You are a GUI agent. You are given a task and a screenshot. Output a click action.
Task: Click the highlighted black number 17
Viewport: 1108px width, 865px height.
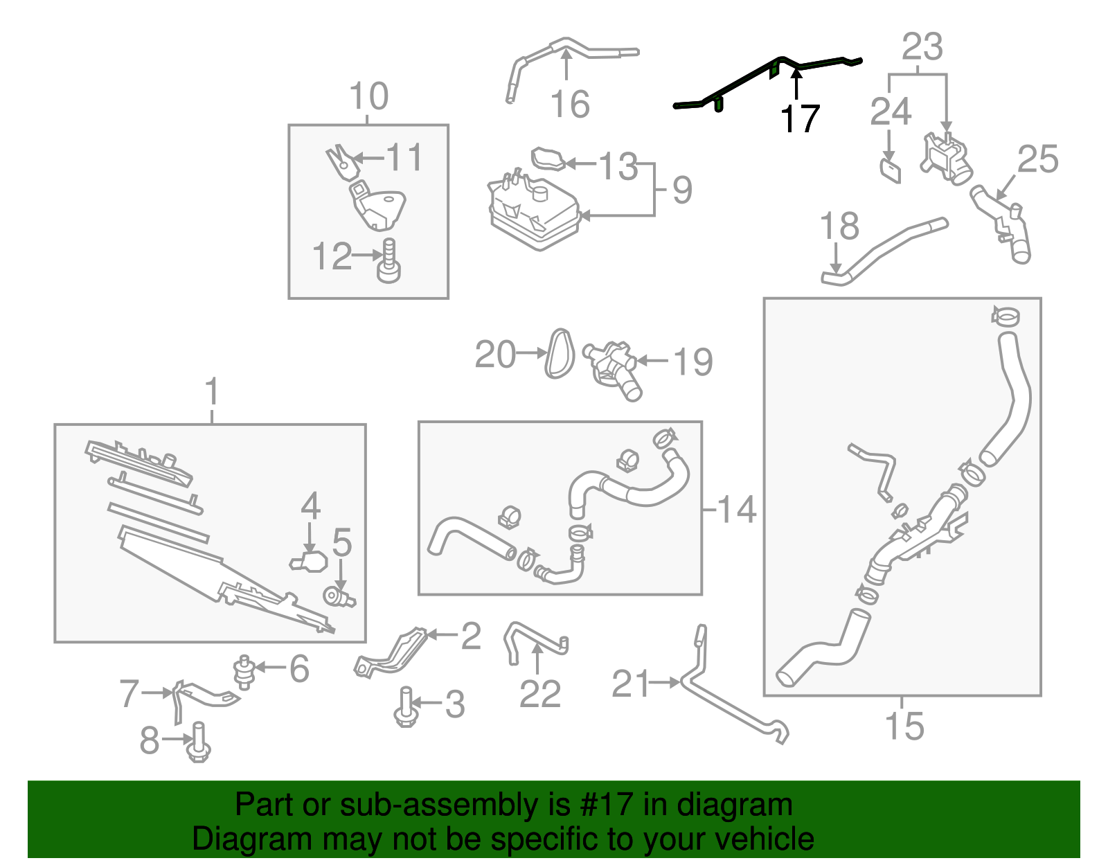(x=800, y=119)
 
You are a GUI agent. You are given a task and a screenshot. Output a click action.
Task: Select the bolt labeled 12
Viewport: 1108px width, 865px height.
(x=389, y=262)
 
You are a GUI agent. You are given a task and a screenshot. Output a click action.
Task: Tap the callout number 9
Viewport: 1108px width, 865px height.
(x=681, y=190)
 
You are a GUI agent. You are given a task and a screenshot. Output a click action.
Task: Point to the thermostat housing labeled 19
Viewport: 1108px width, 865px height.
(x=612, y=367)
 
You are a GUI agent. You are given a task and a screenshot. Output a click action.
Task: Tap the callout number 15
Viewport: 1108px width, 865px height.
(x=904, y=726)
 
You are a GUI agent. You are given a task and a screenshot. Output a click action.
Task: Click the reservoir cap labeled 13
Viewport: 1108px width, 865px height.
(x=548, y=159)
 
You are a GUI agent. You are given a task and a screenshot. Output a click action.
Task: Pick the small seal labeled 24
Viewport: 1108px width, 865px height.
(x=891, y=170)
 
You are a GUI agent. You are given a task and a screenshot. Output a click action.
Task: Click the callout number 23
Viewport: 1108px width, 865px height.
(x=922, y=47)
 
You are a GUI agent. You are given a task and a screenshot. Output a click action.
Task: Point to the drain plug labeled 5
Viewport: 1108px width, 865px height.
(x=339, y=596)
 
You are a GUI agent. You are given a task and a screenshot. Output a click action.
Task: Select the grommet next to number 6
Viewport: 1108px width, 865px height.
(x=243, y=670)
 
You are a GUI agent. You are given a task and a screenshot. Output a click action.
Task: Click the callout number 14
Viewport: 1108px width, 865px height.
(x=736, y=510)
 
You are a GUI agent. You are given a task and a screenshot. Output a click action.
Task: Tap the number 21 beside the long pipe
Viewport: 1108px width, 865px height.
(x=631, y=684)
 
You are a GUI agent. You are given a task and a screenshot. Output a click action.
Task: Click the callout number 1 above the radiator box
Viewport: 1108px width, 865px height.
(x=212, y=392)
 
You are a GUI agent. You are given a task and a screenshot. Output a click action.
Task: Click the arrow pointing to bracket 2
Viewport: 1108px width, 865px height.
(x=443, y=634)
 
